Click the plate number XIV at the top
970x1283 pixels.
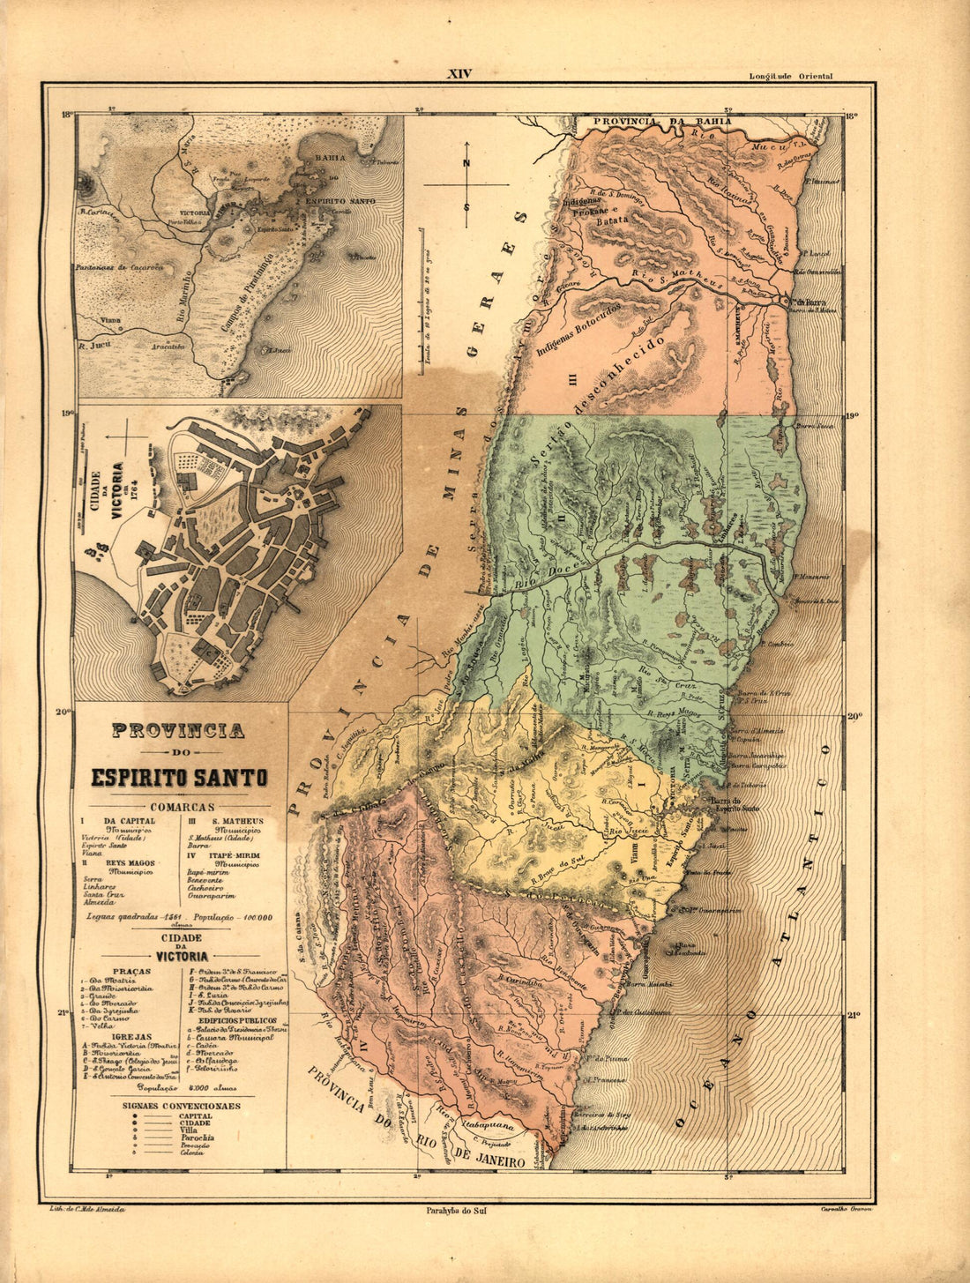tap(459, 74)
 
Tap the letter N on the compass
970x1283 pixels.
tap(466, 162)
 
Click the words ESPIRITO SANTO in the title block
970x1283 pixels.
tap(179, 778)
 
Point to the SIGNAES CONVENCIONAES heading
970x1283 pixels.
tap(180, 1105)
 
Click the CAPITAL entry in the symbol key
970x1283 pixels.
tap(195, 1115)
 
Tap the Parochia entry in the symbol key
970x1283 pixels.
tap(195, 1138)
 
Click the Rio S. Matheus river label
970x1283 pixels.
tap(679, 280)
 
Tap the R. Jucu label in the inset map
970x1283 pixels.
tap(93, 347)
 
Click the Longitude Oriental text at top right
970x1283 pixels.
tap(790, 77)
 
